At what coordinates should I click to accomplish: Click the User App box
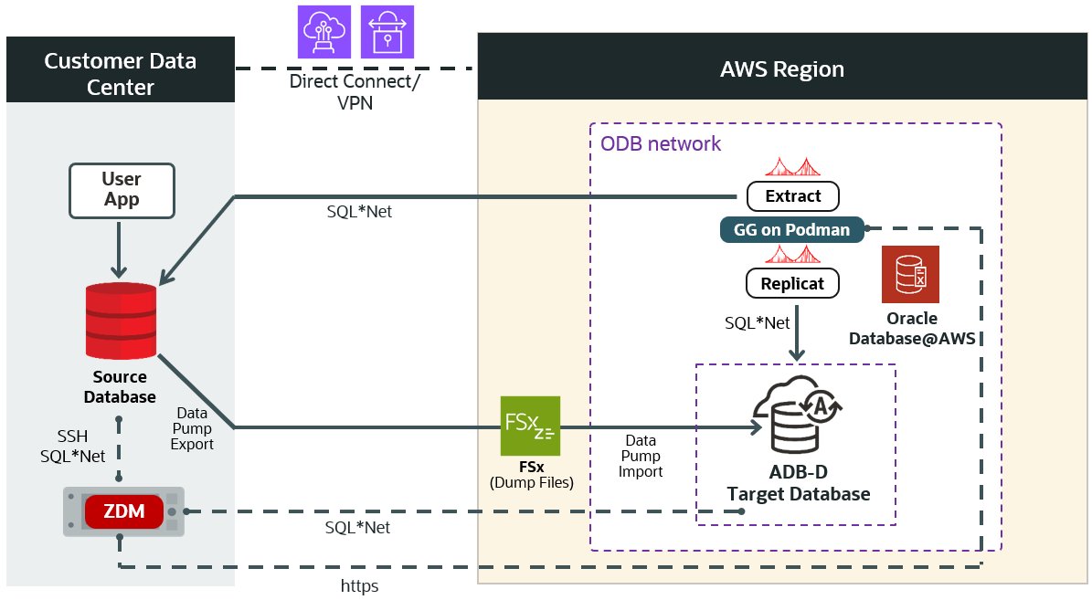122,190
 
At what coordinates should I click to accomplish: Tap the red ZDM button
123,512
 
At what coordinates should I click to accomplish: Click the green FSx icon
530,426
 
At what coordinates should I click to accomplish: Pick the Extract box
793,195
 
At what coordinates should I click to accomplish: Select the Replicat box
793,283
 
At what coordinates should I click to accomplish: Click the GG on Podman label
792,230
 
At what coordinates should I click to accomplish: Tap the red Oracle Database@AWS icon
912,274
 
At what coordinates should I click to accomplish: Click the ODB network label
661,144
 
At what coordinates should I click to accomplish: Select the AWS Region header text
782,69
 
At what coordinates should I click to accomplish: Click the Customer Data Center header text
121,74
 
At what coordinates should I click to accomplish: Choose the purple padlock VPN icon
387,32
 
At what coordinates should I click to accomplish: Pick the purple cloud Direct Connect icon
324,32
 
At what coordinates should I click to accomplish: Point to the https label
359,585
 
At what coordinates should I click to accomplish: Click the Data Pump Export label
192,429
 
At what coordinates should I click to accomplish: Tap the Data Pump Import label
641,457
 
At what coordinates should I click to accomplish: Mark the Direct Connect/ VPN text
355,91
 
